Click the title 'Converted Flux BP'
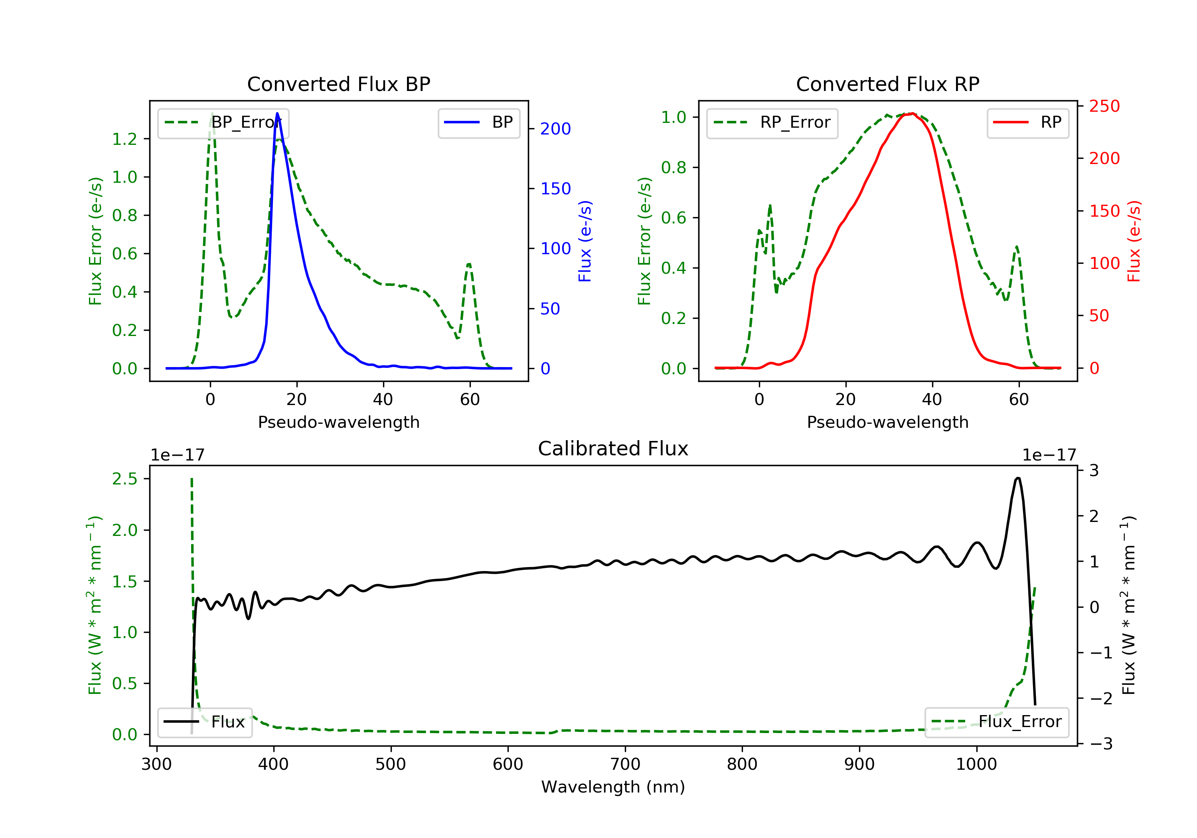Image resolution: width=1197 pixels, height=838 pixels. (338, 84)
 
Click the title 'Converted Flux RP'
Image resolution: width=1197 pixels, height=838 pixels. (887, 84)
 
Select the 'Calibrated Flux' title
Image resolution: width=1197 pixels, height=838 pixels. (613, 449)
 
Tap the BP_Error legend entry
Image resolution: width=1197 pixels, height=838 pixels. (223, 123)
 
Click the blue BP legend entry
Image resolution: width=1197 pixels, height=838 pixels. (478, 123)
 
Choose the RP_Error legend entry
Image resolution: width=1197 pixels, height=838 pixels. (772, 123)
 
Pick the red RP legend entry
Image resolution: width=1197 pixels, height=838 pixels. (1027, 123)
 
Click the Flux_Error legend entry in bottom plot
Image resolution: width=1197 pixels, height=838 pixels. (996, 722)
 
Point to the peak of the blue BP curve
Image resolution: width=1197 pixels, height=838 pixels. (277, 113)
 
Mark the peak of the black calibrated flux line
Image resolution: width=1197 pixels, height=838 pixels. (1018, 478)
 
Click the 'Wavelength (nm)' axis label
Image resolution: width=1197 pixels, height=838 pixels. (613, 787)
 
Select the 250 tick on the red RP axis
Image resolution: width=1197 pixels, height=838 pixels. (1104, 107)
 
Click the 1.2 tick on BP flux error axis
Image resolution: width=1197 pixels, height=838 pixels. (124, 139)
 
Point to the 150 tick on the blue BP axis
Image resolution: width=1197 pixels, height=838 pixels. (556, 188)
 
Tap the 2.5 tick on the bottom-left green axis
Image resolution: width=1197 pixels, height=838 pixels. (124, 479)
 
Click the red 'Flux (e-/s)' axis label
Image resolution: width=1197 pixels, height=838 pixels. (1134, 241)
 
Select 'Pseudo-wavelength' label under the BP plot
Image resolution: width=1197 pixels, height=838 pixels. (339, 422)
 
